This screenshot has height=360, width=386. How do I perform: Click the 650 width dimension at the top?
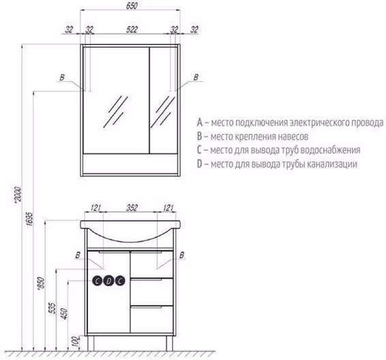coord(132,5)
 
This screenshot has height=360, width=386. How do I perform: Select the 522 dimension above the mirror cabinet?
coord(132,29)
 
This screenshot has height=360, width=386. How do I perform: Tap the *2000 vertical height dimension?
coord(18,195)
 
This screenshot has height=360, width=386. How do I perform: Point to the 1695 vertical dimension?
coord(29,219)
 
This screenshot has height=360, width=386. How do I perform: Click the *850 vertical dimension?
coord(42,283)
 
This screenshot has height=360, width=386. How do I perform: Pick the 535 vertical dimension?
coord(53,307)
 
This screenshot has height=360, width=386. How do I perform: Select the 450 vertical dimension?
coord(64,313)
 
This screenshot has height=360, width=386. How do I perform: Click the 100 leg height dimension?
coord(77,342)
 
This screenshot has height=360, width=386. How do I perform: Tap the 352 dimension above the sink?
coord(132,208)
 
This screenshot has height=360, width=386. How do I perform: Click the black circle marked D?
coord(108,281)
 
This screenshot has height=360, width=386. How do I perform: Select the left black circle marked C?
coord(98,281)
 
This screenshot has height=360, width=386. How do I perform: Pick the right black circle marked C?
coord(120,281)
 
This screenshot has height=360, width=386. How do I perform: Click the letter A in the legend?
coord(200,122)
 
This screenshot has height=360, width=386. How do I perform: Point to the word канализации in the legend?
coord(333,164)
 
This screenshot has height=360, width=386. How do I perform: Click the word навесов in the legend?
coord(293,136)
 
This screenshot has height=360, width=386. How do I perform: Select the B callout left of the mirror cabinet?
coord(62,78)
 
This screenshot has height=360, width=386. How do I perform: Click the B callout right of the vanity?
coord(182,255)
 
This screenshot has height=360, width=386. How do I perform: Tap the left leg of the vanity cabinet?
coord(91,344)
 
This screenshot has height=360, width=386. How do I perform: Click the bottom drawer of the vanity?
coord(151,319)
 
